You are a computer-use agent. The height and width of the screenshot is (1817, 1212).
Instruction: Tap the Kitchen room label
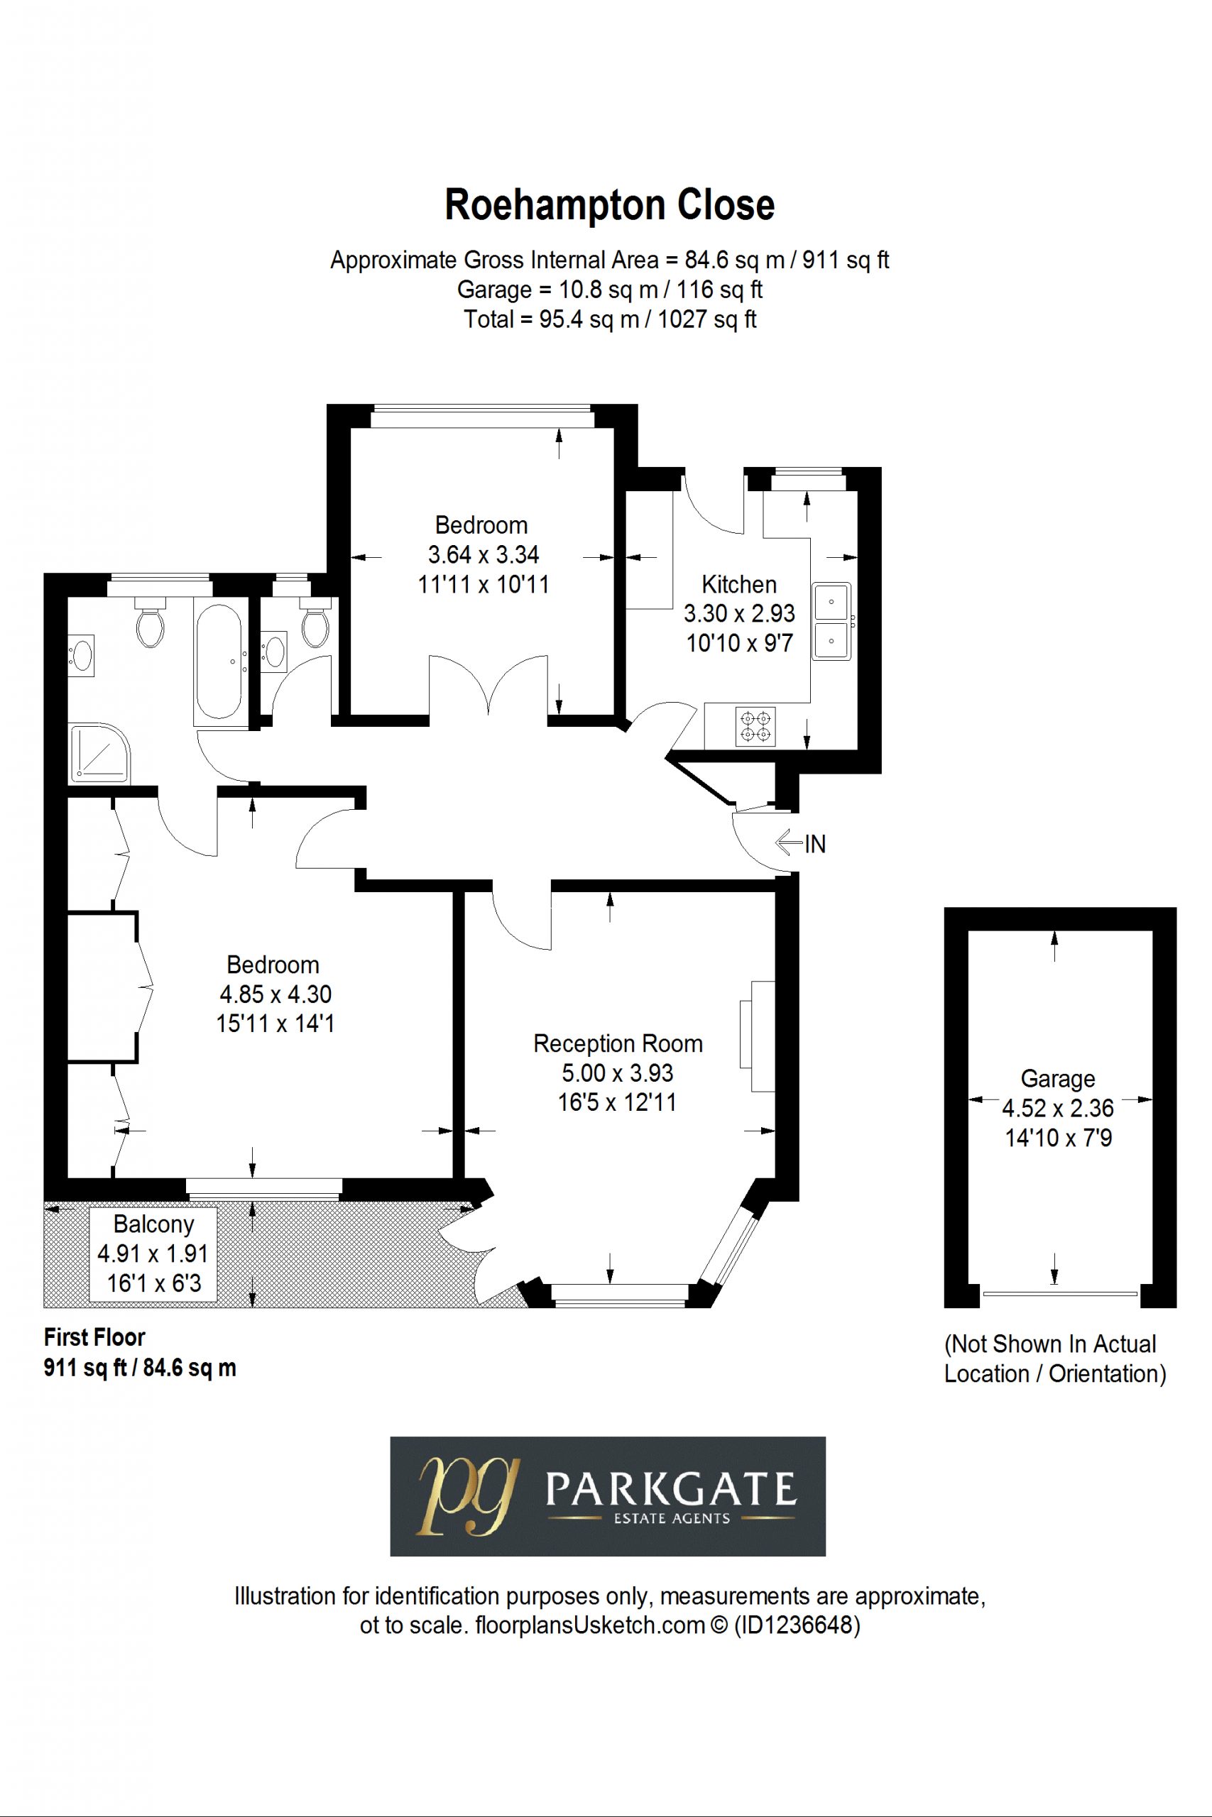coord(739,584)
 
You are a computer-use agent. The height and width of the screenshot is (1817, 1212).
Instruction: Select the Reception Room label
coord(618,1043)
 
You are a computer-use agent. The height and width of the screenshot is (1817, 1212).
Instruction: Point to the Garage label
coord(1057,1078)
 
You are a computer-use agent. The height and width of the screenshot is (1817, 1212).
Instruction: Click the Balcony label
coord(153,1224)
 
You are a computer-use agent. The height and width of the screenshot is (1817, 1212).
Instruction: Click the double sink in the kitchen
coord(831,621)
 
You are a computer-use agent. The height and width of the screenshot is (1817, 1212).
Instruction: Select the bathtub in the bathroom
coord(219,660)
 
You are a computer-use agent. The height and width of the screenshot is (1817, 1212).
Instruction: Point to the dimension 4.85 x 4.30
coord(275,994)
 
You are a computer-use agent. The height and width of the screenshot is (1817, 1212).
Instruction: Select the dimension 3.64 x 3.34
coord(483,554)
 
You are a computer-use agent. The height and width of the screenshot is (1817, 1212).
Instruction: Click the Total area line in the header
coord(610,319)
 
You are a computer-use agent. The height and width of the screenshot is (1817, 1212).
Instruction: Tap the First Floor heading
coord(94,1337)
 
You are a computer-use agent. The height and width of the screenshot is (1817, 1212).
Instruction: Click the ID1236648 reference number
coord(795,1625)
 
